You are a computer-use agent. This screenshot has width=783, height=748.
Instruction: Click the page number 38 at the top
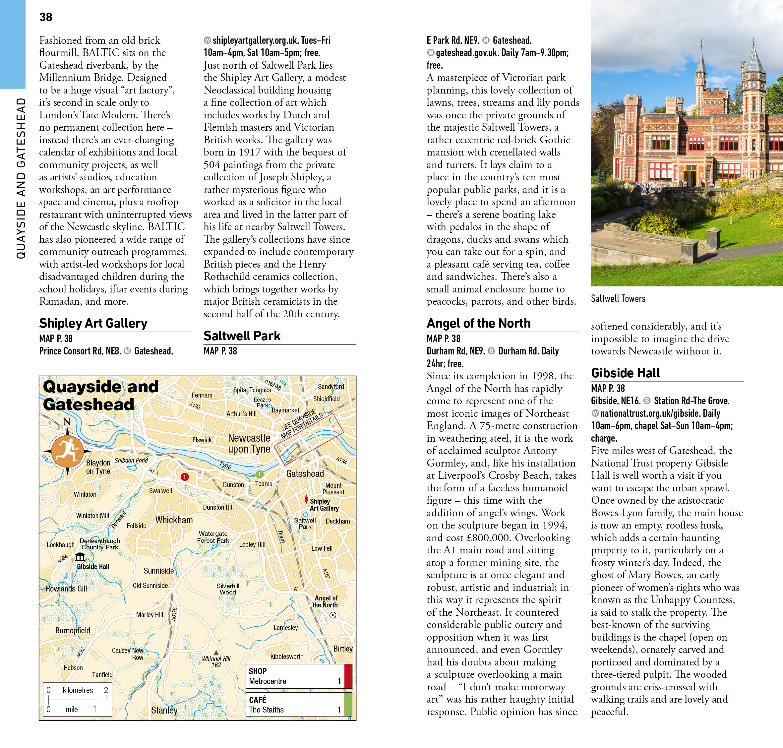46,17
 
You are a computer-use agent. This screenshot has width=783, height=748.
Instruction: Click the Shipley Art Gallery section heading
93,323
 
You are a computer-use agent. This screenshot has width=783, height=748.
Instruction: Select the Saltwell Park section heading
242,336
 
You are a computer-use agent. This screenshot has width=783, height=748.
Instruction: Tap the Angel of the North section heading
478,323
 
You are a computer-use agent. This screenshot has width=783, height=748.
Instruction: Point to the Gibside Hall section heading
625,373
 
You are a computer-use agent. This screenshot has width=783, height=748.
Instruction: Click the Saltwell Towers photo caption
618,299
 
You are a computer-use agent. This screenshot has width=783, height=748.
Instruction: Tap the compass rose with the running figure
67,451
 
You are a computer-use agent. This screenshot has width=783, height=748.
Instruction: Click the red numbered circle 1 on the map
185,477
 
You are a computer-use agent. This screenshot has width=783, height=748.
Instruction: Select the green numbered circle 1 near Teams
260,474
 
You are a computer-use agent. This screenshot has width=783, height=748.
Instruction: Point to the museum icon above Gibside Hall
80,557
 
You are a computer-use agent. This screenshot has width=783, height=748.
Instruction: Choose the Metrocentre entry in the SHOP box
268,681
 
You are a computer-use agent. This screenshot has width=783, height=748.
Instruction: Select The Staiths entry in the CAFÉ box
266,710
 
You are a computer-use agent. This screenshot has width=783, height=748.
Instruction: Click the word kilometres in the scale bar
78,690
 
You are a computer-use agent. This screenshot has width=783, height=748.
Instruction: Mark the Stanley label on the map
164,710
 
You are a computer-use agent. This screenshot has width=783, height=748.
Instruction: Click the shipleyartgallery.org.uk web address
271,40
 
